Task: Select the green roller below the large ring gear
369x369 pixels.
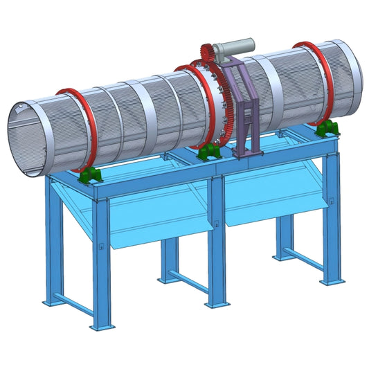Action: click(206, 154)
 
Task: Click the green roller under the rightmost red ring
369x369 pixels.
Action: click(327, 128)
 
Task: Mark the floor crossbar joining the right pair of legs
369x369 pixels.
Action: click(305, 260)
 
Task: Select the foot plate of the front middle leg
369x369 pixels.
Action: click(217, 303)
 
